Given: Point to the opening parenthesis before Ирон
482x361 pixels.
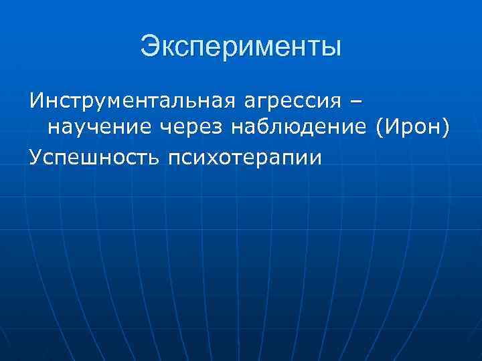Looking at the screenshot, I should coord(381,127).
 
